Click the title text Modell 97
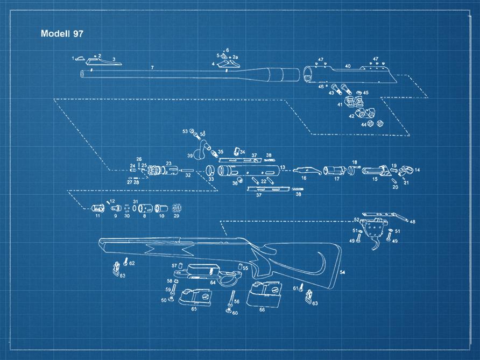coord(62,33)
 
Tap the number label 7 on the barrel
coord(152,67)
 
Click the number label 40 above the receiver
coord(348,66)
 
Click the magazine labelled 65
coord(195,298)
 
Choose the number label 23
coord(168,163)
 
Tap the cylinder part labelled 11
coord(98,207)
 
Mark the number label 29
coord(176,216)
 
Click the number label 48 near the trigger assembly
coord(413,222)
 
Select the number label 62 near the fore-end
coord(132,263)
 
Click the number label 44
coord(364,124)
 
